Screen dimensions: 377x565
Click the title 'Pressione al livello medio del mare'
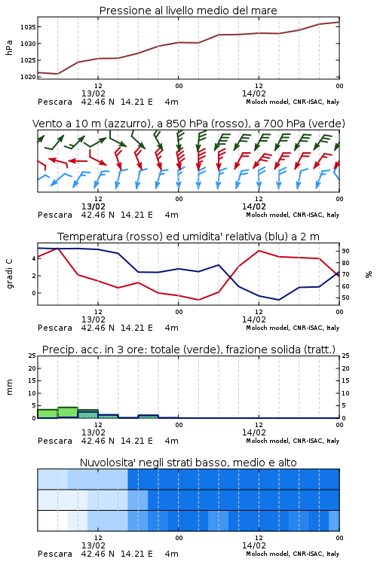(x=188, y=11)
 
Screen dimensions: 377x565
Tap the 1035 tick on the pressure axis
(x=28, y=27)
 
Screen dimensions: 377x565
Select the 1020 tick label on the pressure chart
(x=28, y=77)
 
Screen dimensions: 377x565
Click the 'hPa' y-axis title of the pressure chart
(x=9, y=47)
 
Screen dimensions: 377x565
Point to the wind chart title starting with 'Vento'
(x=188, y=124)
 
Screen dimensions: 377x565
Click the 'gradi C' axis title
(x=10, y=273)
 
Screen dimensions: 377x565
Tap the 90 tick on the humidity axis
(x=345, y=251)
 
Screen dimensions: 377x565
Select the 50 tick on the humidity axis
(x=345, y=298)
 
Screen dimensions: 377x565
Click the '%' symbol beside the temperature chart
(x=369, y=274)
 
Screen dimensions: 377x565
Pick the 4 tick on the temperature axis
(x=34, y=258)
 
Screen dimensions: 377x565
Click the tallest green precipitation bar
(x=68, y=412)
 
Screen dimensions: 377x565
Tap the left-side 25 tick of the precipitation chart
(x=32, y=356)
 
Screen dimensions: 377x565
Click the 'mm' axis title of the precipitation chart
(x=9, y=387)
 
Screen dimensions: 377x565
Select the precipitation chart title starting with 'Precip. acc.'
(x=188, y=350)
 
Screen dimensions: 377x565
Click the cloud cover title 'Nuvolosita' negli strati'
(x=188, y=463)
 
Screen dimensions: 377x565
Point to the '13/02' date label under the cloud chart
(x=93, y=545)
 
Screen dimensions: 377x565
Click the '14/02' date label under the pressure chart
(x=254, y=93)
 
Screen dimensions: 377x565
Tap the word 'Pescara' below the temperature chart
(x=55, y=328)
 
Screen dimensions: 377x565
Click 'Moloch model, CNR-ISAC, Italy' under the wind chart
(x=293, y=215)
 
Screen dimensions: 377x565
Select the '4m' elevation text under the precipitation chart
(x=172, y=441)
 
